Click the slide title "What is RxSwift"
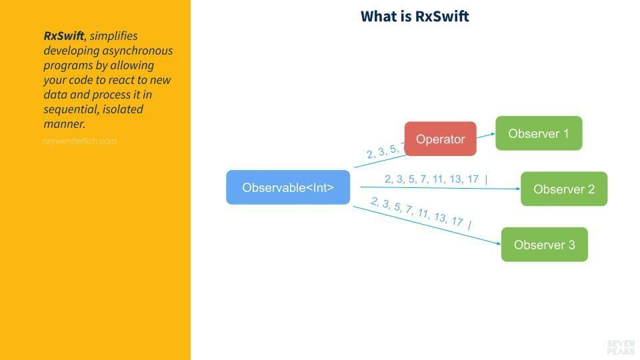(415, 16)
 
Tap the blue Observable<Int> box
(287, 187)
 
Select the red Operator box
(440, 139)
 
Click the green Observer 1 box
(538, 133)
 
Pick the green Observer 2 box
(563, 189)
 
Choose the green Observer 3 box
(544, 245)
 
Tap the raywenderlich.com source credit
(79, 141)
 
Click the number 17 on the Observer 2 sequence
(473, 179)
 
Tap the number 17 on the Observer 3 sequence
(457, 221)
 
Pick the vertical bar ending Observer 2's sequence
(486, 179)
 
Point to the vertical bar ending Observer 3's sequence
(469, 225)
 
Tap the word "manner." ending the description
(64, 124)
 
